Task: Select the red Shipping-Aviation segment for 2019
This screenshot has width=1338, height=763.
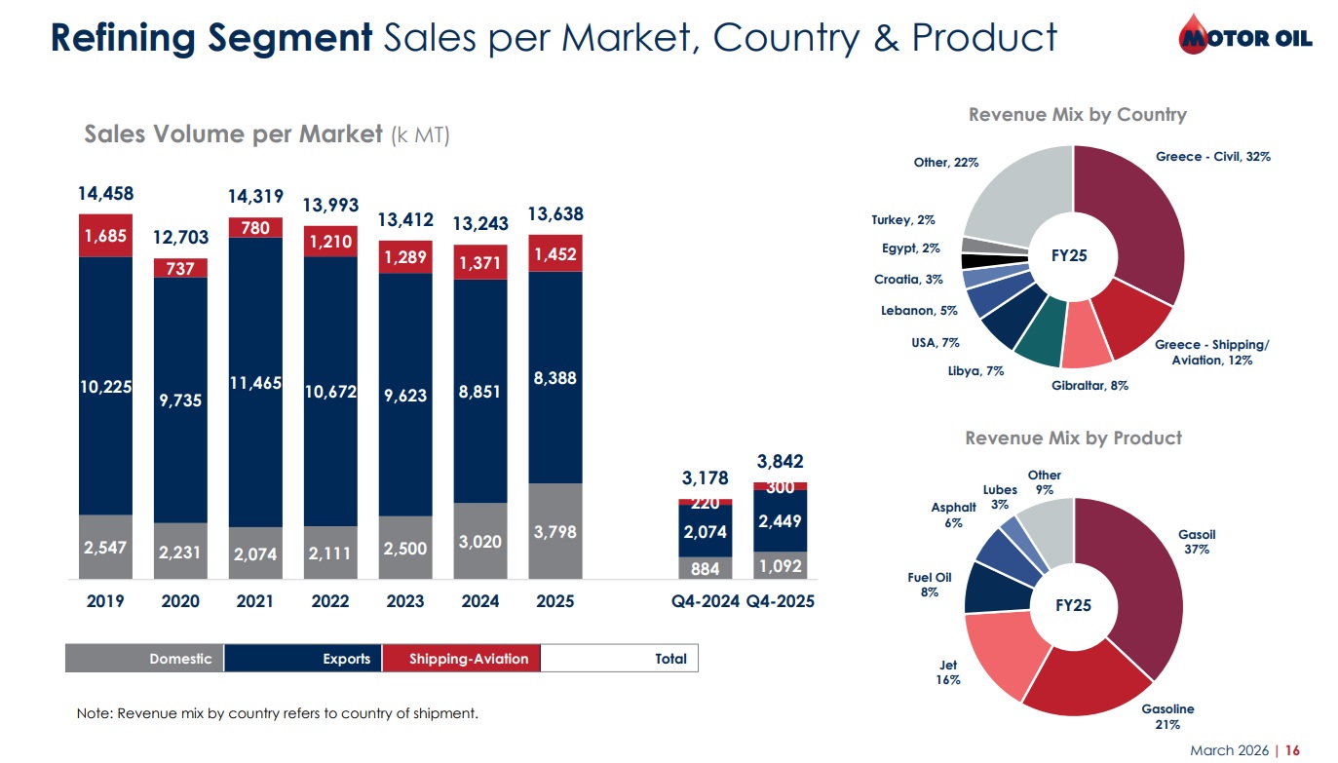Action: (x=105, y=235)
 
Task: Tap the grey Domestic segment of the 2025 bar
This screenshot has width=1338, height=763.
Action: (x=555, y=531)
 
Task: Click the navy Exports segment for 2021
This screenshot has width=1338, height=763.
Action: (x=255, y=382)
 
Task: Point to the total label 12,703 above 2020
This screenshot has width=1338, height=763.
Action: (x=180, y=238)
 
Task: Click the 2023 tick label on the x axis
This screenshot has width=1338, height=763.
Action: (x=405, y=601)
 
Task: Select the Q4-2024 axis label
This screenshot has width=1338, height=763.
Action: (x=706, y=601)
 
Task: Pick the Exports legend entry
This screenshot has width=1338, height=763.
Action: (x=303, y=659)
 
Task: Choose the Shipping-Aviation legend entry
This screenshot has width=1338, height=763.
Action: (x=461, y=659)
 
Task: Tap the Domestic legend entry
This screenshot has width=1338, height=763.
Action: (x=144, y=659)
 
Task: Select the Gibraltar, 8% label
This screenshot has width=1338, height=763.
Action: (x=1090, y=386)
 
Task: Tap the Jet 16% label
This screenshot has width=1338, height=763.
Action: (x=948, y=672)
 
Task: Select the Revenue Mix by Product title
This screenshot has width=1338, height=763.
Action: (x=1073, y=439)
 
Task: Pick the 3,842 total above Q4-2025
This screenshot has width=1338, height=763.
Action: (x=780, y=461)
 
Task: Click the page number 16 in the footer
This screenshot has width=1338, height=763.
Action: (x=1292, y=750)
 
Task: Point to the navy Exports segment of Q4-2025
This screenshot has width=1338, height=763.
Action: (x=780, y=521)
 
